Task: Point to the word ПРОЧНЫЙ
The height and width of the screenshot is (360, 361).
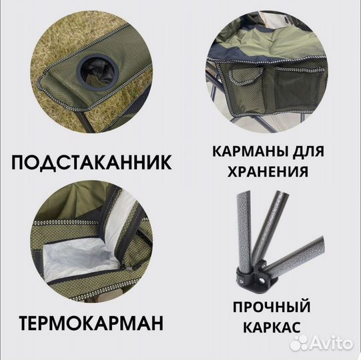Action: (x=272, y=307)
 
